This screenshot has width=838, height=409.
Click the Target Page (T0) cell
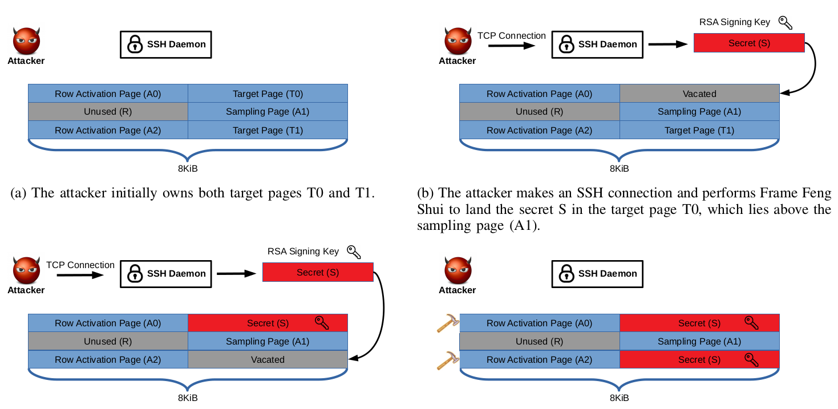click(268, 94)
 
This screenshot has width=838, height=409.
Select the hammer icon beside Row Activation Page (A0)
click(447, 323)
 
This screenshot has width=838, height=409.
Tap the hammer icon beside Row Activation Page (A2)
click(447, 360)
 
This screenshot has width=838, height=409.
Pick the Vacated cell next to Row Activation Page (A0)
click(699, 94)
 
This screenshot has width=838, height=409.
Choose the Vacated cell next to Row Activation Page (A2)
click(268, 360)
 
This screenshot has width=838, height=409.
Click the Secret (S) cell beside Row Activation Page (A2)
click(699, 360)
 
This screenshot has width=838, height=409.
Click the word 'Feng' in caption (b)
click(816, 193)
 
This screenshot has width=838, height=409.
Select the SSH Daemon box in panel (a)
click(165, 44)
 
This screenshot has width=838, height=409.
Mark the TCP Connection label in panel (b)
click(511, 36)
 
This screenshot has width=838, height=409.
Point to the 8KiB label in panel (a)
click(188, 169)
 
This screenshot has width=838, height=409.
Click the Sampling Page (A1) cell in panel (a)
click(268, 112)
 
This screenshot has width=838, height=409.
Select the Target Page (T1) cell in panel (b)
click(699, 131)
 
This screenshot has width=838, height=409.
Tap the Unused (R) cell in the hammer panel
click(539, 342)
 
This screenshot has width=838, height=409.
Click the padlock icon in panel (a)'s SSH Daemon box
click(135, 44)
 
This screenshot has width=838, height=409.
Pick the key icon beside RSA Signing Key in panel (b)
click(786, 23)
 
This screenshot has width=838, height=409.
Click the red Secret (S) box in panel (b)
click(749, 43)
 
